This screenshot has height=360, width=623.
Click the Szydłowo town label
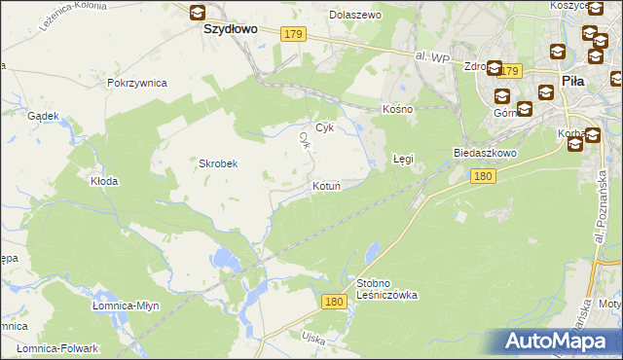click(x=230, y=29)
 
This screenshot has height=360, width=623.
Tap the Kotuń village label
click(x=325, y=186)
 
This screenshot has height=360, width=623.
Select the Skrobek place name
click(x=219, y=163)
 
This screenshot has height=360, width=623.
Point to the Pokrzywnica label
click(x=137, y=83)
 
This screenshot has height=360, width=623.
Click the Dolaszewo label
click(x=355, y=16)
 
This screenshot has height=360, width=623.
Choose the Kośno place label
click(x=398, y=109)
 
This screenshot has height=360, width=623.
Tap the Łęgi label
click(x=403, y=158)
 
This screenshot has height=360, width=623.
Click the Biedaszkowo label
click(x=484, y=153)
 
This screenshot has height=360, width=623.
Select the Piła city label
click(x=573, y=82)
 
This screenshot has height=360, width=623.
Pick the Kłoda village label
click(x=104, y=181)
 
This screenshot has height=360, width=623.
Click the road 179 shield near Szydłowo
click(x=295, y=35)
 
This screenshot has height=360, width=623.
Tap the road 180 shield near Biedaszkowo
click(x=483, y=176)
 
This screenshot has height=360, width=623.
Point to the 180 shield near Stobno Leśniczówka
click(x=334, y=303)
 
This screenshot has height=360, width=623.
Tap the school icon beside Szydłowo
click(x=198, y=13)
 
